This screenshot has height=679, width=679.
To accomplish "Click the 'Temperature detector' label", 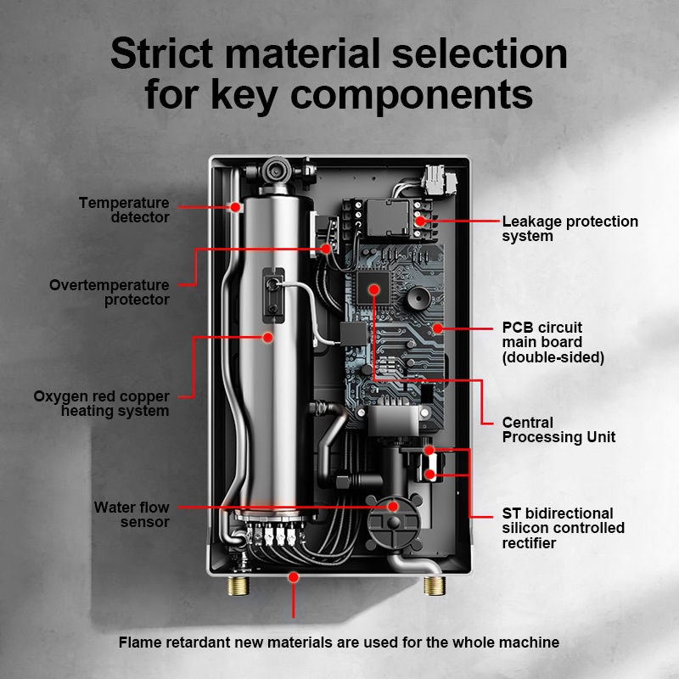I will (124, 210).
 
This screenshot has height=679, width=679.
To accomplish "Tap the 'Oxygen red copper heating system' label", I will (101, 403).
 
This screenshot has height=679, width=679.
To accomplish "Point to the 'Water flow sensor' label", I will (132, 514).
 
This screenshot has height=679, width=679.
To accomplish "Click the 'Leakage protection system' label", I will (570, 228).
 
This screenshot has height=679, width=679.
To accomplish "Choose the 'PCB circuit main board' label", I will (553, 342).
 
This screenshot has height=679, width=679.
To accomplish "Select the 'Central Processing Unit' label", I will (558, 429).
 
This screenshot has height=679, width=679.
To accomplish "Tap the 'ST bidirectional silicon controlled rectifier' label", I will (563, 528).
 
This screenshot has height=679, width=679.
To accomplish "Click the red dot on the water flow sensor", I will (393, 506).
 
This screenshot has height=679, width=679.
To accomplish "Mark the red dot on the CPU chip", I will (373, 289).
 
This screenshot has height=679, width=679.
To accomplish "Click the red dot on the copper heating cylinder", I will (268, 337).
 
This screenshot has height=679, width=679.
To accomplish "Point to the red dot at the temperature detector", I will (235, 205).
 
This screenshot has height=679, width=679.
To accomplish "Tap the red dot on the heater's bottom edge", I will (294, 576).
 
